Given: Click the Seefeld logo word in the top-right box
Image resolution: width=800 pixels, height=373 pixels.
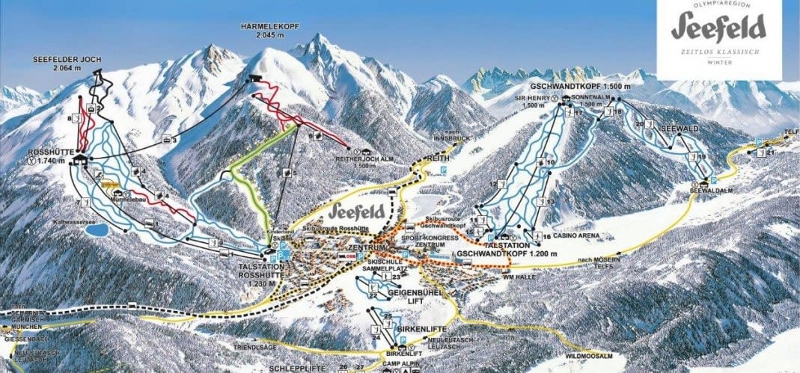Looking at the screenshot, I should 718,28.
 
